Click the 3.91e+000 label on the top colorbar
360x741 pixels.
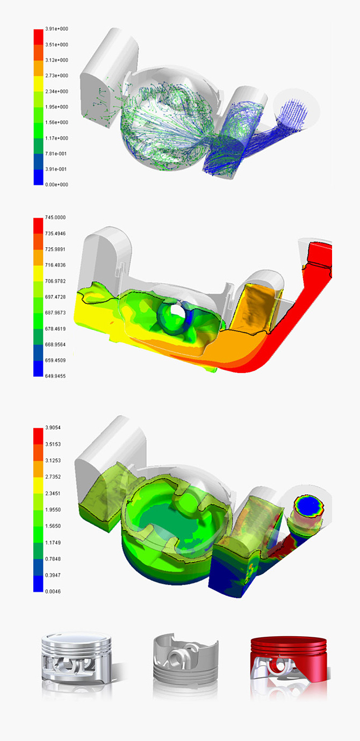(56, 29)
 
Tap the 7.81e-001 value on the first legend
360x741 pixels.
(56, 154)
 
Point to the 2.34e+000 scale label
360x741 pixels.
(56, 91)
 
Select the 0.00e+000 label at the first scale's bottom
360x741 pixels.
(56, 185)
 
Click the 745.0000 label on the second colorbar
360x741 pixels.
(55, 217)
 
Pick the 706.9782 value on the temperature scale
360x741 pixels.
(55, 281)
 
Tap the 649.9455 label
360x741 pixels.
(55, 376)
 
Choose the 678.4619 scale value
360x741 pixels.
(55, 329)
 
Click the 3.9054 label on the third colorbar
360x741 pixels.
(53, 428)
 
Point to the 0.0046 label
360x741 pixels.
(53, 592)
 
